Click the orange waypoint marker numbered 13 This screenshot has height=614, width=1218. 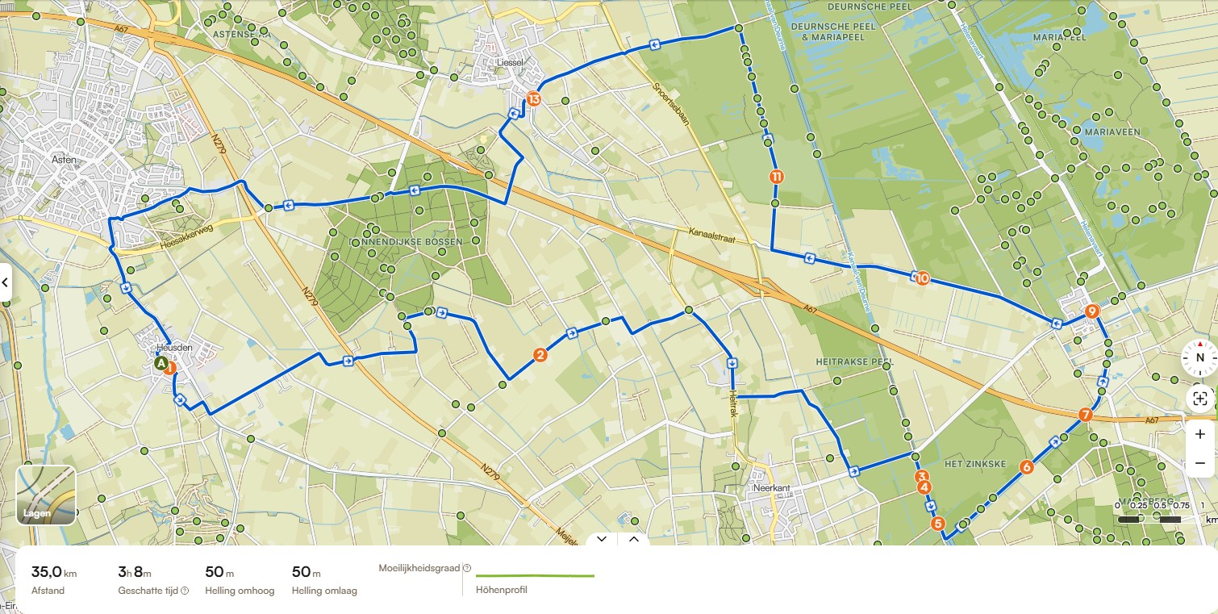click(532, 99)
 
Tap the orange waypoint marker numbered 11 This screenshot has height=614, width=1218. click(775, 177)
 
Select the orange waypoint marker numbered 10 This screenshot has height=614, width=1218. click(922, 278)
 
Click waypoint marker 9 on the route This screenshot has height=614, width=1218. click(1091, 311)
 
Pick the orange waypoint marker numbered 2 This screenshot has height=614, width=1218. click(540, 354)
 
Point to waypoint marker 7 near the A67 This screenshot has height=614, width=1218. click(1085, 416)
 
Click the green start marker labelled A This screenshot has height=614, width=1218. click(161, 364)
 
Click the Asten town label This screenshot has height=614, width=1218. click(63, 160)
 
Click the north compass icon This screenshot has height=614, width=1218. click(1199, 357)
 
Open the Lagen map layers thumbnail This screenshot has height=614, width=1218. click(46, 495)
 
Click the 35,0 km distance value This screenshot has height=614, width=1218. click(53, 572)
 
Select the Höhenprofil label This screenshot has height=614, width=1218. click(501, 590)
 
